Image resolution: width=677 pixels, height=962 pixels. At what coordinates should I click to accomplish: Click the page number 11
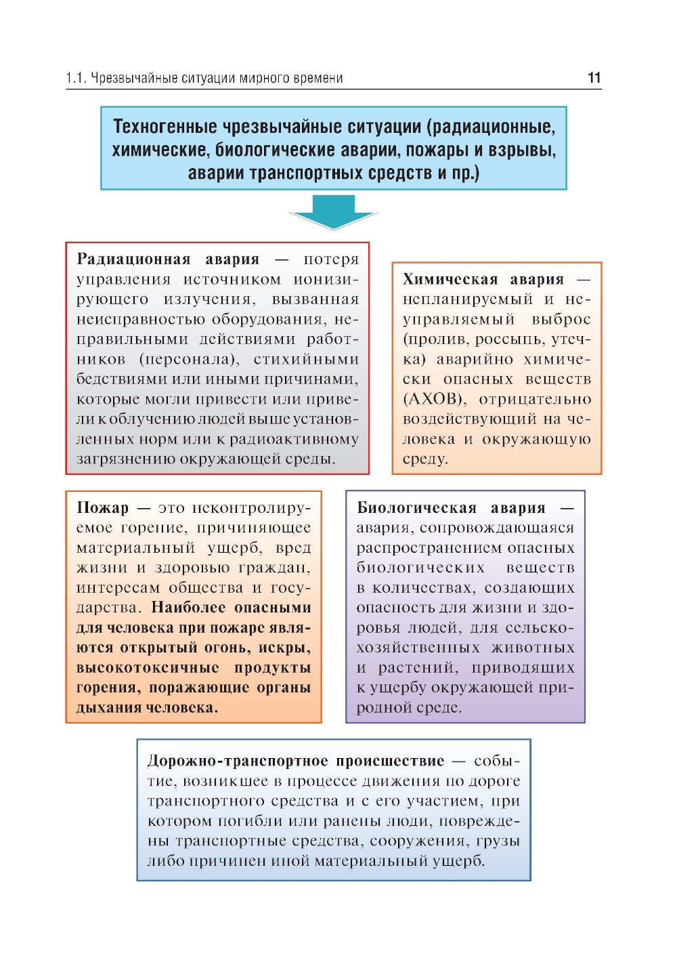(x=594, y=78)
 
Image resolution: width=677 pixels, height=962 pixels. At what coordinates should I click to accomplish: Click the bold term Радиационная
(x=133, y=259)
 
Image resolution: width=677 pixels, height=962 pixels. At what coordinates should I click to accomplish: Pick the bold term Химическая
(x=450, y=279)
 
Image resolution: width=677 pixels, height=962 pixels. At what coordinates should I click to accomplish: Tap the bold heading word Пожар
(x=102, y=507)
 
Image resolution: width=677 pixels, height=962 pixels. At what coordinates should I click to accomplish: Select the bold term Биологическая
(x=417, y=507)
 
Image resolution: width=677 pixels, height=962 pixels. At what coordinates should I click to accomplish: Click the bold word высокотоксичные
(x=148, y=667)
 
